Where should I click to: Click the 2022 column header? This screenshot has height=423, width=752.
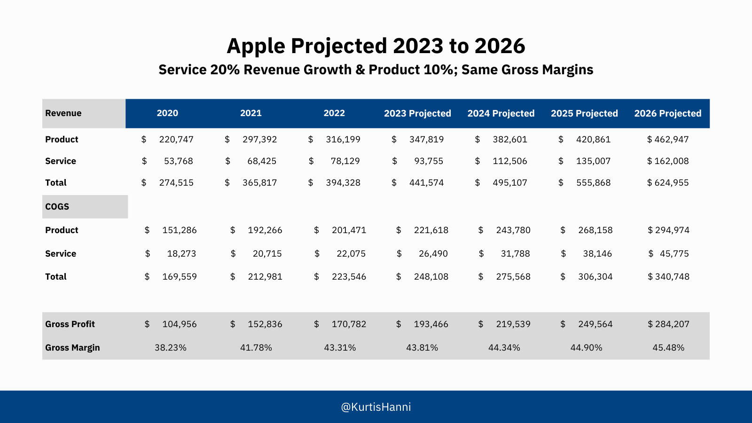pyautogui.click(x=334, y=113)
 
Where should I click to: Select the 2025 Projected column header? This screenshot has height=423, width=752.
pyautogui.click(x=584, y=113)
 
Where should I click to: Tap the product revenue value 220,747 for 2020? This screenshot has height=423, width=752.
pyautogui.click(x=176, y=140)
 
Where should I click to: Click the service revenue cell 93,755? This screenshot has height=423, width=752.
pyautogui.click(x=429, y=161)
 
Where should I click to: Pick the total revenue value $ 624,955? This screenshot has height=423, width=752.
pyautogui.click(x=668, y=183)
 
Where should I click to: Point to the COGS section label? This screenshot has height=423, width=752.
pyautogui.click(x=57, y=207)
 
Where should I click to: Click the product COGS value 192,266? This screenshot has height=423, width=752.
pyautogui.click(x=265, y=230)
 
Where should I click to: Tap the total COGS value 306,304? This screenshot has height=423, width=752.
pyautogui.click(x=595, y=277)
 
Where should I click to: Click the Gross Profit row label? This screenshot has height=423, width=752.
pyautogui.click(x=70, y=324)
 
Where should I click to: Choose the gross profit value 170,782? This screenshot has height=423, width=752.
pyautogui.click(x=349, y=324)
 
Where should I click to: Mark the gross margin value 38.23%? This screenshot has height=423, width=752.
pyautogui.click(x=171, y=348)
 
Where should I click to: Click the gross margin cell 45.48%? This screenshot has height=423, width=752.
pyautogui.click(x=668, y=348)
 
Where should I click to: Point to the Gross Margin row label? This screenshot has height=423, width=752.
pyautogui.click(x=72, y=348)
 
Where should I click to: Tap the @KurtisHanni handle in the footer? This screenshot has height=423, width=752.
pyautogui.click(x=376, y=407)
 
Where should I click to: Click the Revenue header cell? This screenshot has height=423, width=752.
pyautogui.click(x=63, y=113)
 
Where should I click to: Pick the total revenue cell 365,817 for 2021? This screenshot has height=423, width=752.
pyautogui.click(x=259, y=183)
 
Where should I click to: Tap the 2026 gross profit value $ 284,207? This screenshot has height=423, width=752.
pyautogui.click(x=668, y=324)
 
